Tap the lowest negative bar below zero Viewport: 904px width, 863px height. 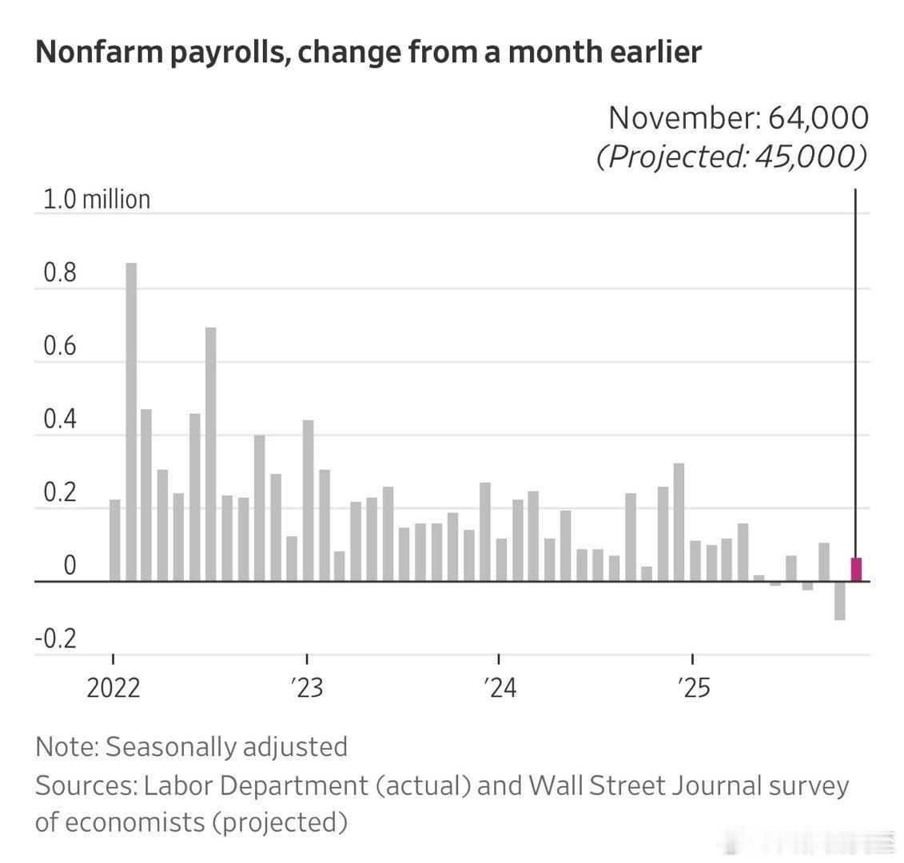840,600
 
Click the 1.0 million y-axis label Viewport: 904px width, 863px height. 94,199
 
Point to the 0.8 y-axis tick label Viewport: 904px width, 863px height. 60,273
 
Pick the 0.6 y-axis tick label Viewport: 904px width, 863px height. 60,347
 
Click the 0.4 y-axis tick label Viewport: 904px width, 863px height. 60,420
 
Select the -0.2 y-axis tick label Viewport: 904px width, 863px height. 56,639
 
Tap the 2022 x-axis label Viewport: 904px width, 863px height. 113,688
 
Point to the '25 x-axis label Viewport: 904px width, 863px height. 692,688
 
